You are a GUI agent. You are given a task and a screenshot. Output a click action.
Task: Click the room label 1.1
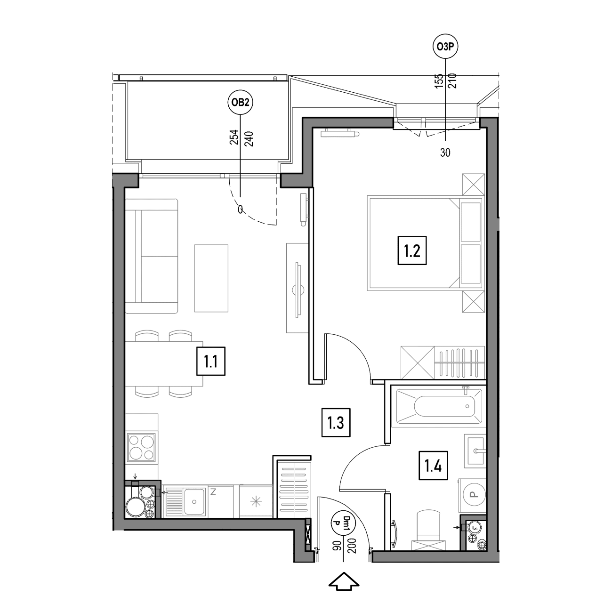click(x=211, y=362)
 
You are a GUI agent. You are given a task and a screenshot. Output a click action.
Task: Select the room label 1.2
click(x=412, y=250)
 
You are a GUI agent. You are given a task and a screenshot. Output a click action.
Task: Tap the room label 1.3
click(x=336, y=423)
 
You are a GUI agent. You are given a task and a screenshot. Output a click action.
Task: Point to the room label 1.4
click(x=433, y=466)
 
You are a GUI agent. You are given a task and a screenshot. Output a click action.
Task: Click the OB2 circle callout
click(x=240, y=102)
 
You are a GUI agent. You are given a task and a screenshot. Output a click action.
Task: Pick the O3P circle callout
click(x=445, y=47)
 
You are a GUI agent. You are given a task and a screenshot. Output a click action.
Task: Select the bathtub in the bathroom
click(x=439, y=406)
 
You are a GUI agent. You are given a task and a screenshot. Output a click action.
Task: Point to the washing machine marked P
click(x=472, y=494)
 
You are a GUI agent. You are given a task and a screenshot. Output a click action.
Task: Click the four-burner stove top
click(x=141, y=447)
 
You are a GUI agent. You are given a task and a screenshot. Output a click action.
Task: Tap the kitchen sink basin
click(x=194, y=502)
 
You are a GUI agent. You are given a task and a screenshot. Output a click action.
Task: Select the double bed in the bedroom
click(x=425, y=243)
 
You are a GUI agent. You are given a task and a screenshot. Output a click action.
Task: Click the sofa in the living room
click(x=152, y=256)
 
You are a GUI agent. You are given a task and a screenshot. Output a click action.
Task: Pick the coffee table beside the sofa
click(x=211, y=278)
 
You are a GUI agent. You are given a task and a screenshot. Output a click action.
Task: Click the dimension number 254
click(x=234, y=137)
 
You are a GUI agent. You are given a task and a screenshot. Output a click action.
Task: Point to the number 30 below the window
click(x=445, y=153)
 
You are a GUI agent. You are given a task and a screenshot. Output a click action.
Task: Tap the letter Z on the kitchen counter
click(x=213, y=492)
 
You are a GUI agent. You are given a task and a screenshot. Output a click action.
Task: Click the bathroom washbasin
click(x=475, y=451)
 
